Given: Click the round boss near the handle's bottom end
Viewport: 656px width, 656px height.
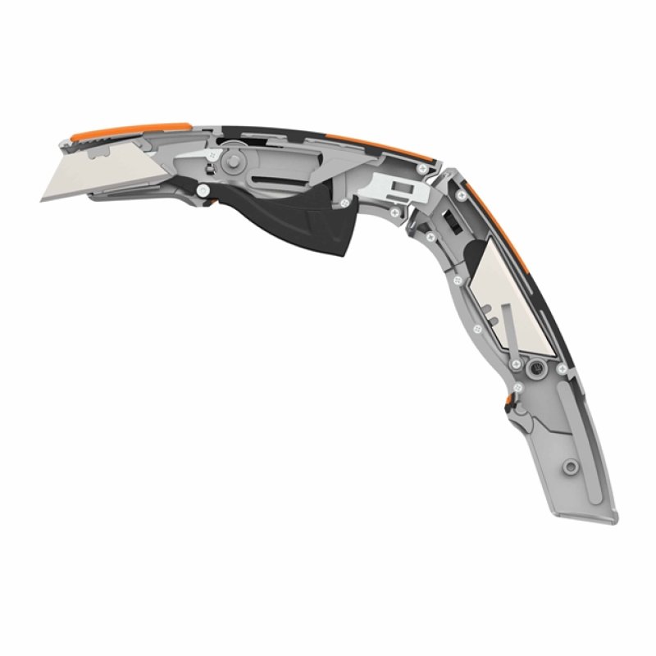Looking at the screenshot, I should [x=567, y=467].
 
